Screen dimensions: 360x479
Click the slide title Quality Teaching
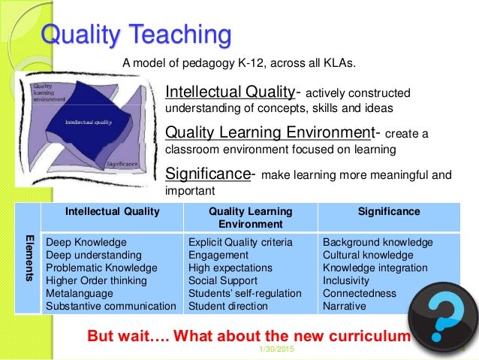pyautogui.click(x=135, y=35)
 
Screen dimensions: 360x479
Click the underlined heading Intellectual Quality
pyautogui.click(x=230, y=92)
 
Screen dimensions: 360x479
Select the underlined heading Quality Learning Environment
pyautogui.click(x=269, y=133)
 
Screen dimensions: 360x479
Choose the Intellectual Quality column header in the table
pyautogui.click(x=112, y=212)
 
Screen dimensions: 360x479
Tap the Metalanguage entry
pyautogui.click(x=79, y=294)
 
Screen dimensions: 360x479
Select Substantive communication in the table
pyautogui.click(x=111, y=307)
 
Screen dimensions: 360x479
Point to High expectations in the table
pyautogui.click(x=230, y=268)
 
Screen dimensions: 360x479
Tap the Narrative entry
pyautogui.click(x=344, y=307)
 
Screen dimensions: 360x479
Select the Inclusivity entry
pyautogui.click(x=348, y=281)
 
